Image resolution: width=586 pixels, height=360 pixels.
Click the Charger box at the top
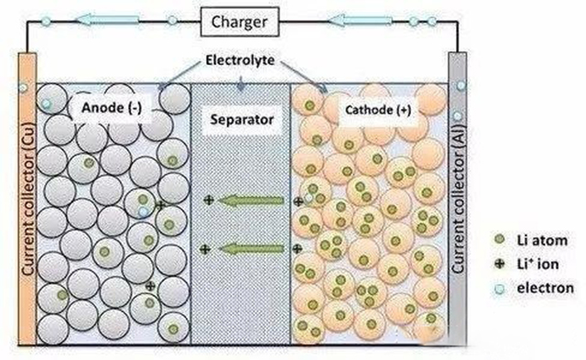(x=239, y=18)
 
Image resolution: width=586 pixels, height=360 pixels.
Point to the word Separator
(x=240, y=119)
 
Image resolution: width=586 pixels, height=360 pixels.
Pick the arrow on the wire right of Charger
(x=358, y=17)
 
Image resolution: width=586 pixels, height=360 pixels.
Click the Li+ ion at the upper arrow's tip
(x=209, y=200)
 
